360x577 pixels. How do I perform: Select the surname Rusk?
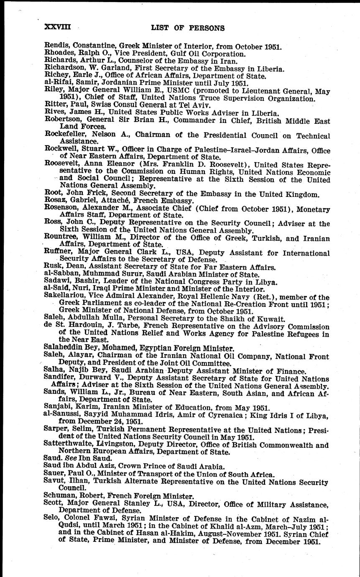coord(52,267)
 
